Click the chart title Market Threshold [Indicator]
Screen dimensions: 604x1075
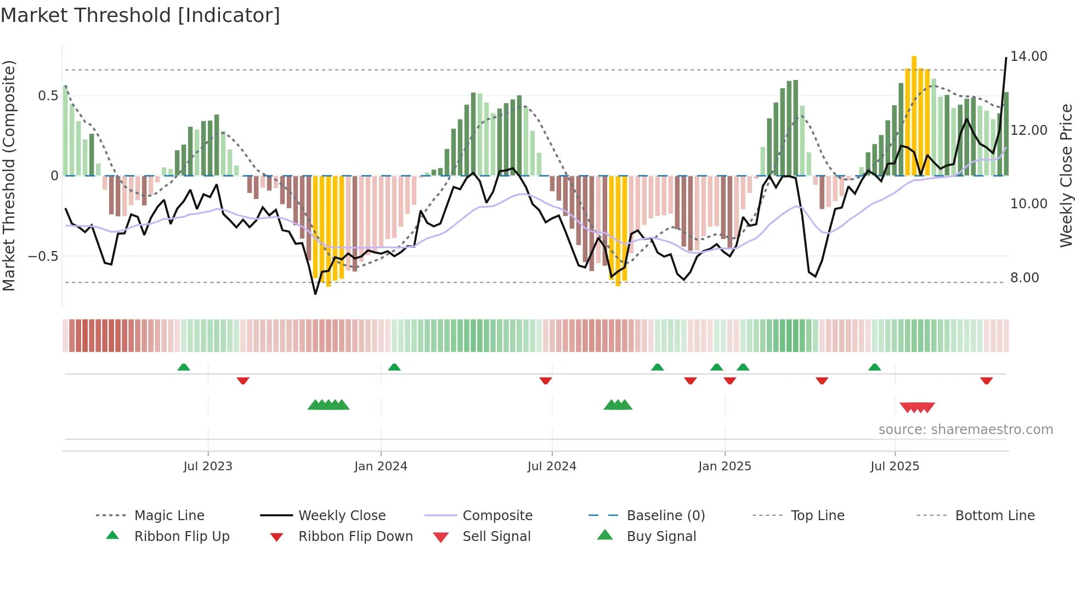coord(140,15)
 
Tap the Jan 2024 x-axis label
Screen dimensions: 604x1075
coord(381,466)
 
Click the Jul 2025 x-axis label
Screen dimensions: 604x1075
coord(895,466)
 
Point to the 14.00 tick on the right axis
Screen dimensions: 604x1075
coord(1028,56)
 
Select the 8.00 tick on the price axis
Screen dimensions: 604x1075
coord(1025,278)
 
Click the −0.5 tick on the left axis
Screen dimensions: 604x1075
coord(43,257)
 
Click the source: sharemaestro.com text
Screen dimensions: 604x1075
coord(965,430)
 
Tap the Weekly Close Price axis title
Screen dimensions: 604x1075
coord(1066,175)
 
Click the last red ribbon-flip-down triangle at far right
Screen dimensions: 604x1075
coord(986,380)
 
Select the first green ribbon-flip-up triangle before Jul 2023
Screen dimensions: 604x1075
coord(184,367)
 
